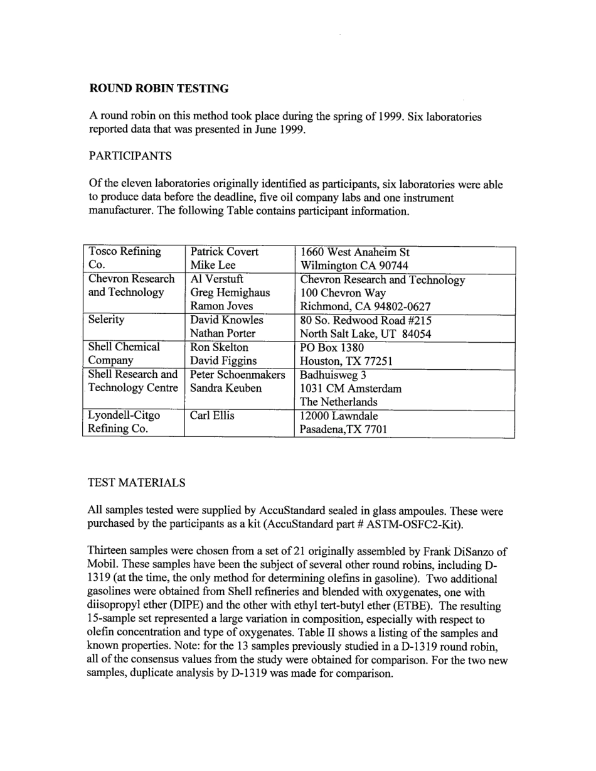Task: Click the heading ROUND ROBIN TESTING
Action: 159,89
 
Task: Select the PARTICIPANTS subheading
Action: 130,156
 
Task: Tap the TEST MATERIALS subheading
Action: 137,483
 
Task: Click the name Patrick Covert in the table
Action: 224,252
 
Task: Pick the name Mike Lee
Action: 213,266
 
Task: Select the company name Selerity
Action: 106,320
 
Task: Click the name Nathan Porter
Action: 223,333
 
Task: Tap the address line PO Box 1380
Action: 332,348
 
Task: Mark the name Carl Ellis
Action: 212,416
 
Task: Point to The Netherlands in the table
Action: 339,402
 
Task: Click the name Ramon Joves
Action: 221,306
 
